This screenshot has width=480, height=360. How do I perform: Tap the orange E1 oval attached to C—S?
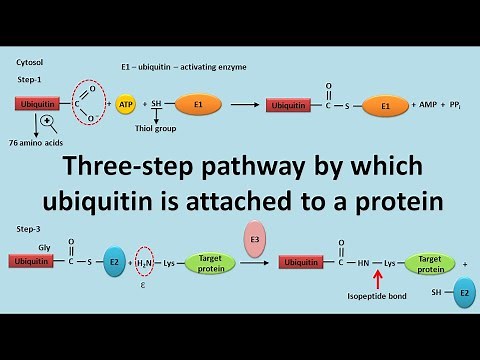(x=379, y=105)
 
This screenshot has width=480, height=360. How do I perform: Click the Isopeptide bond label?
(x=378, y=297)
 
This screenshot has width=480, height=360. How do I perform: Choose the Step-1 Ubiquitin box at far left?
(x=40, y=103)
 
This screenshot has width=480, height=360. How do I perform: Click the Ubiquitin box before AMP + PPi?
(x=293, y=105)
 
